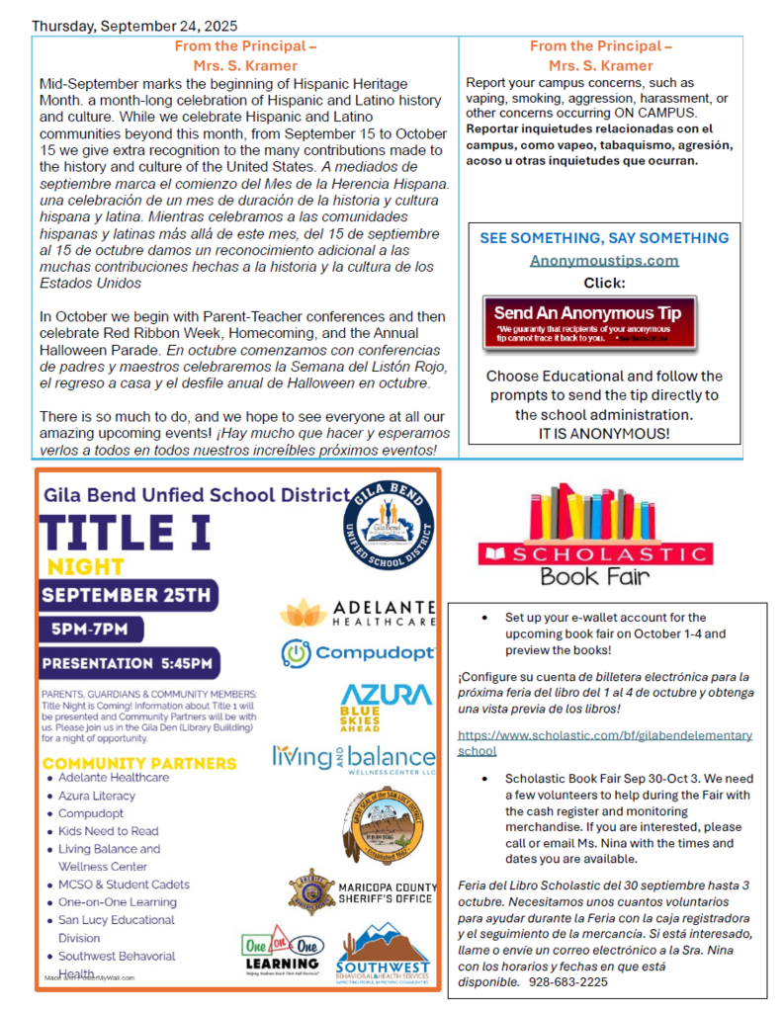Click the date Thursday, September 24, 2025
(134, 26)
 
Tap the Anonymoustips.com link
(604, 261)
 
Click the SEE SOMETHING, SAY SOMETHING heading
(604, 238)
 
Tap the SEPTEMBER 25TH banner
(128, 596)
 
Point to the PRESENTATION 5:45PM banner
(129, 663)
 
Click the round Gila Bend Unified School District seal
(388, 525)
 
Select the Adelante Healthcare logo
(357, 613)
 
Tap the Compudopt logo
(358, 653)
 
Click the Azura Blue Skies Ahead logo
(386, 704)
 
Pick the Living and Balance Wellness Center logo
(354, 759)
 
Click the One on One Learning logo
(282, 953)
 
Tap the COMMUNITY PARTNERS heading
(139, 764)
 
